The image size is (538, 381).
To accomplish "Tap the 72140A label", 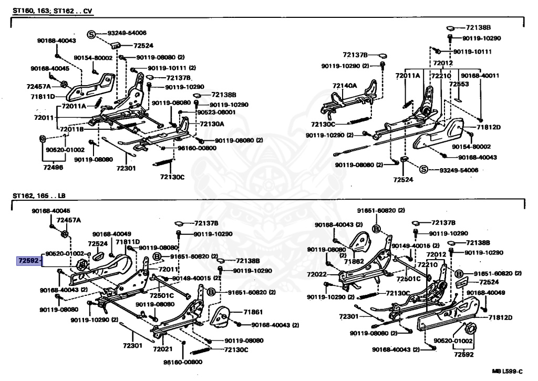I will click(x=344, y=85).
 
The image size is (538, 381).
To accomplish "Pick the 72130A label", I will click(x=212, y=124).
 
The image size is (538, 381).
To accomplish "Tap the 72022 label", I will click(x=318, y=274).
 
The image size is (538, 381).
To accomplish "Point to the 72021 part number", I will click(x=163, y=349).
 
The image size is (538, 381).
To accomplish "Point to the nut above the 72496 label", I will click(x=42, y=139).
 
